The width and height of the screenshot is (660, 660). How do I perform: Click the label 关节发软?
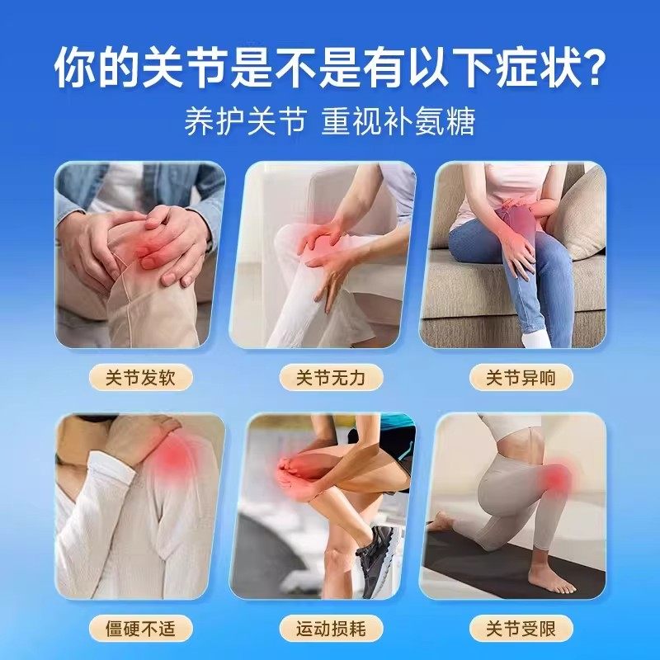[139, 378]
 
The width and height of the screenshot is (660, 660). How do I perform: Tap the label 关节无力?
[329, 378]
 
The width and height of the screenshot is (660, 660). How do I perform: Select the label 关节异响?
[520, 378]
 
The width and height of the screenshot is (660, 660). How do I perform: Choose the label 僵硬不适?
[139, 629]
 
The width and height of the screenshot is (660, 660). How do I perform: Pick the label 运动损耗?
[329, 629]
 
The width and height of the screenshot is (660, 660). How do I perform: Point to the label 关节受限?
[520, 629]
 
